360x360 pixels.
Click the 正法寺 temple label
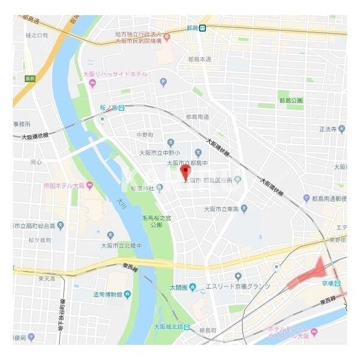tap(328, 128)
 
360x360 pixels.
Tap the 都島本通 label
tap(199, 59)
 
